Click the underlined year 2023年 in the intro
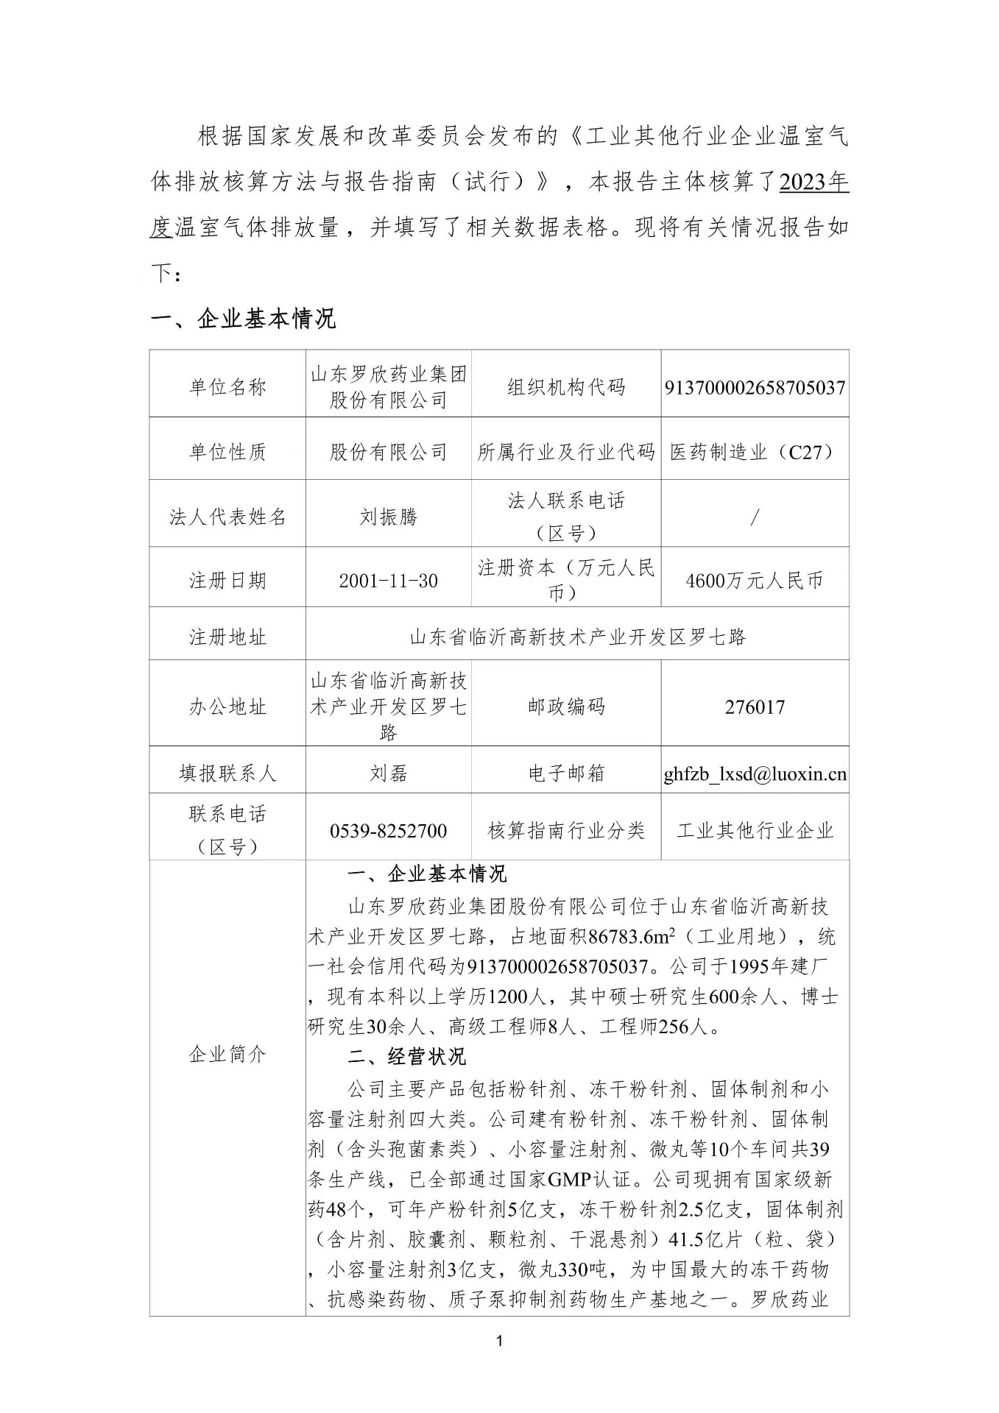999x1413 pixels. pyautogui.click(x=813, y=182)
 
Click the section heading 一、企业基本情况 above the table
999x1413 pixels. pyautogui.click(x=243, y=319)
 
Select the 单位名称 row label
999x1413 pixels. pyautogui.click(x=227, y=386)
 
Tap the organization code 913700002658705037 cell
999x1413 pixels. pyautogui.click(x=755, y=387)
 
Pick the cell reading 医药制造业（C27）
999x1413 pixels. pyautogui.click(x=755, y=452)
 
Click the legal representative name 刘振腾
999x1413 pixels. pyautogui.click(x=388, y=517)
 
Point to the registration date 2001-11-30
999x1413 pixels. pyautogui.click(x=388, y=581)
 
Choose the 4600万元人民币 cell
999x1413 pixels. pyautogui.click(x=755, y=581)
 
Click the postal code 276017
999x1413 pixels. pyautogui.click(x=755, y=707)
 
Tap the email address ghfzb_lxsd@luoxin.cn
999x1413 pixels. pyautogui.click(x=755, y=773)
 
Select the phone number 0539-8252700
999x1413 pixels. pyautogui.click(x=388, y=831)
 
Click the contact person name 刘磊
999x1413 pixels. pyautogui.click(x=388, y=773)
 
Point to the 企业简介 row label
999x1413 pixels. pyautogui.click(x=227, y=1054)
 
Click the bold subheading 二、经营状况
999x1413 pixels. pyautogui.click(x=406, y=1057)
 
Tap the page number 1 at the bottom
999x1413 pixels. pyautogui.click(x=500, y=1342)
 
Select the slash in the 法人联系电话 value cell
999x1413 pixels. pyautogui.click(x=755, y=517)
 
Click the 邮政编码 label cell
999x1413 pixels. pyautogui.click(x=566, y=706)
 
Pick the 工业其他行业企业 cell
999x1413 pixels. pyautogui.click(x=755, y=831)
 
